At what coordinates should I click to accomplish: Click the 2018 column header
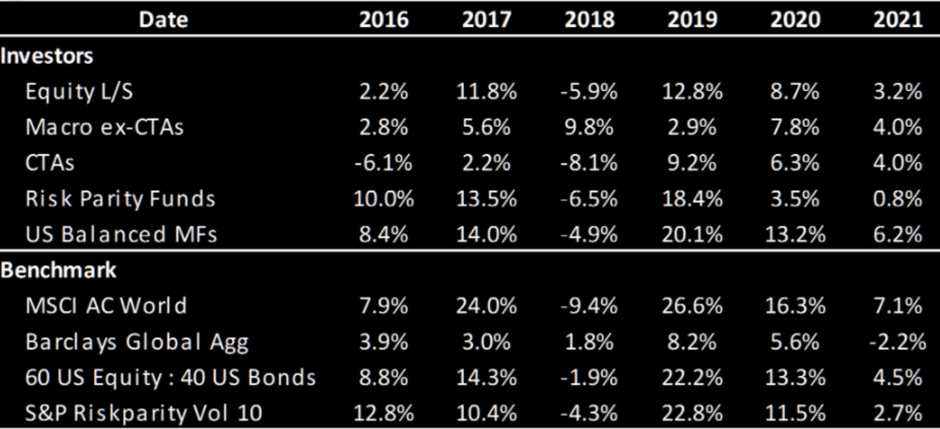589,19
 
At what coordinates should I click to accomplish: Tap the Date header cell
163,19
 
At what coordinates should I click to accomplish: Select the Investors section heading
47,56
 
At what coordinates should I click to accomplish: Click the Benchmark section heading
58,270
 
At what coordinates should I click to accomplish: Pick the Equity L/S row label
79,92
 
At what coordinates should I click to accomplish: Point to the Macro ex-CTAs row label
104,127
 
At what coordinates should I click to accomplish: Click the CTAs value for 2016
383,163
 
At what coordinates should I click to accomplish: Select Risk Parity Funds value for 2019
692,199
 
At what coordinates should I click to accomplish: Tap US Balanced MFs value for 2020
795,234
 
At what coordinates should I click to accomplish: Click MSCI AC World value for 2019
692,306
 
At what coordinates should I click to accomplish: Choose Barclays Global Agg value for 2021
897,342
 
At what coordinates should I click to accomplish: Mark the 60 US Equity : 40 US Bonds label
170,378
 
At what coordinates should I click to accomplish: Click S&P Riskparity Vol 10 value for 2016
383,413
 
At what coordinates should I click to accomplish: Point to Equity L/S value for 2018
589,92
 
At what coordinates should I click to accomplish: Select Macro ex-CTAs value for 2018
589,127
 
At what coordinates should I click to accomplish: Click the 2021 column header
898,19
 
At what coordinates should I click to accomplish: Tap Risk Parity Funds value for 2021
897,199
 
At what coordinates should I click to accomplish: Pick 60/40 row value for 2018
589,378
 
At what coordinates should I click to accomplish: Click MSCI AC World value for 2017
486,306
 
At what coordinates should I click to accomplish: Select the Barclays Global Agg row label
137,342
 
